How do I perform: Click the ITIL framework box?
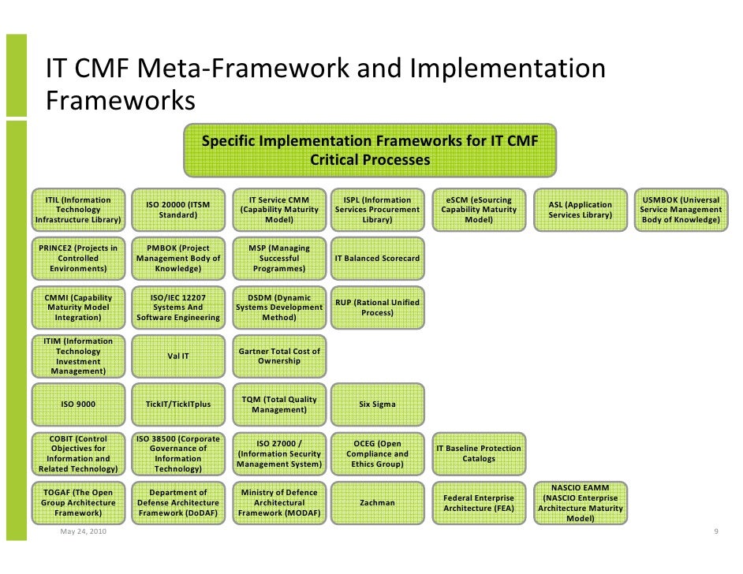coord(78,210)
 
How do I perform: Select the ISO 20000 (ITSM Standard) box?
coord(178,210)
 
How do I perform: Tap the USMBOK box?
coord(681,210)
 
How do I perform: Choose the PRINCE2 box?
coord(78,258)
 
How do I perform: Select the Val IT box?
coord(178,356)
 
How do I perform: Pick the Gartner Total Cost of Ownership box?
coord(278,356)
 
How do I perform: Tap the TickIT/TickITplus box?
coord(178,404)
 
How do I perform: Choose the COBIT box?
coord(78,453)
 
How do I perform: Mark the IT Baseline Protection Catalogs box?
coord(479,453)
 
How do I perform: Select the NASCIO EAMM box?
coord(580,503)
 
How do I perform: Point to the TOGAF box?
coord(78,502)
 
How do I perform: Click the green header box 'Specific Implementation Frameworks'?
coord(370,150)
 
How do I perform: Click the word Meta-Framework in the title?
coord(245,69)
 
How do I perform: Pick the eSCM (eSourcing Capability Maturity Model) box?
coord(479,210)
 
